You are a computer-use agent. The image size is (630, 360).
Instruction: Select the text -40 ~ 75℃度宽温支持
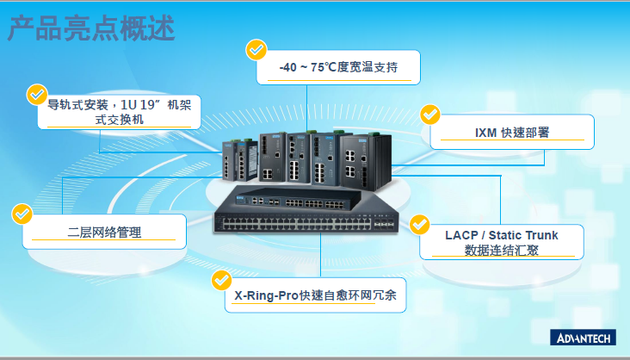338,67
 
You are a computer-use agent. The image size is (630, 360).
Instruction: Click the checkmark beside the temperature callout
256,49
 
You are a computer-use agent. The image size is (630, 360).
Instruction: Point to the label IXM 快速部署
512,133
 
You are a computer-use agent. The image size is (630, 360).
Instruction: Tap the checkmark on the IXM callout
429,115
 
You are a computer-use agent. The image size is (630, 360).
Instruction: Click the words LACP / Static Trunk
501,235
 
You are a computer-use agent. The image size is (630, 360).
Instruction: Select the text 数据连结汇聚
501,250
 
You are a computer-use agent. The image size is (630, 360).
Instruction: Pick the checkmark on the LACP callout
419,224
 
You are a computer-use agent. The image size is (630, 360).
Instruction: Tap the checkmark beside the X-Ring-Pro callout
222,279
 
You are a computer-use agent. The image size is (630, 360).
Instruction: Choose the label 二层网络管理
104,232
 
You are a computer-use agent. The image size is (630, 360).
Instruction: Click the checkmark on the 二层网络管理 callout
22,213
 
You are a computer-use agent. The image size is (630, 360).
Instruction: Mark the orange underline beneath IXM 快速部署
512,140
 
